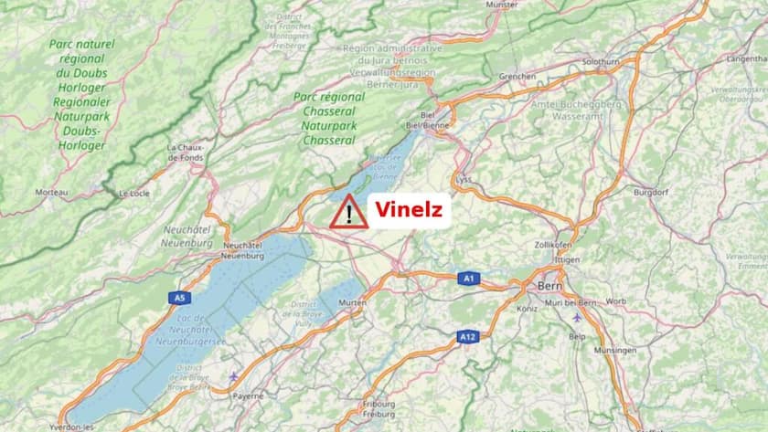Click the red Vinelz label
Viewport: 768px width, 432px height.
coord(409,211)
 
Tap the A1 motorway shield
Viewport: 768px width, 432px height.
coord(468,279)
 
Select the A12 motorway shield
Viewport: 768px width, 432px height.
coord(468,337)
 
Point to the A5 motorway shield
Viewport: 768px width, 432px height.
coord(180,298)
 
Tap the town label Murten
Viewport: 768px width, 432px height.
coord(352,302)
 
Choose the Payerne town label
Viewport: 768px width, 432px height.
coord(247,395)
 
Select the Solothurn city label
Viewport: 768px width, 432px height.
coord(601,61)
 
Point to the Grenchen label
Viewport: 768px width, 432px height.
coord(517,77)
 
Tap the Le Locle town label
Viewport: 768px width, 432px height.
coord(134,194)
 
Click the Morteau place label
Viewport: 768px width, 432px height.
coord(51,192)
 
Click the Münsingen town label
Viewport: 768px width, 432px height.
coord(614,351)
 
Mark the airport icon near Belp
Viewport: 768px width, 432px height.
coord(576,318)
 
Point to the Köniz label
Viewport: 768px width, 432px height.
coord(527,309)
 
